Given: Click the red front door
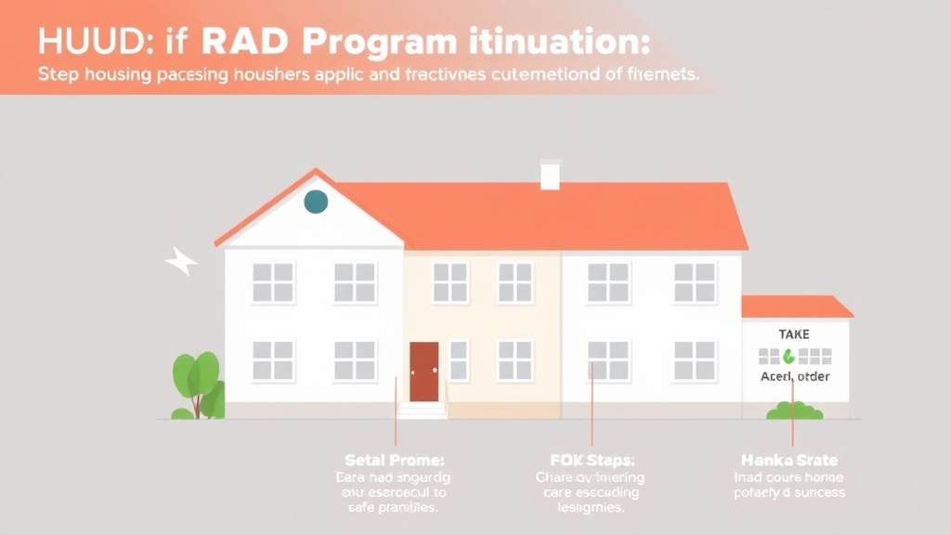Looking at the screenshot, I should [x=423, y=371].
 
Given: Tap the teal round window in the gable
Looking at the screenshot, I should [x=316, y=201].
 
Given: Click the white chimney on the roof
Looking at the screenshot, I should [x=550, y=175].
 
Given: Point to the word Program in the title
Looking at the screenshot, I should [x=380, y=45].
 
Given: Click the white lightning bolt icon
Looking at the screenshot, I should [x=181, y=263].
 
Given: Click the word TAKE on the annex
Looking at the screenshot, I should [x=794, y=333].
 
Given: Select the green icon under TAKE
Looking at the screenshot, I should [x=789, y=355].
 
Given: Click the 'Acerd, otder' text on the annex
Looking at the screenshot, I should [x=794, y=376].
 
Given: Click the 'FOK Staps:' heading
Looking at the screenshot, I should [x=593, y=460].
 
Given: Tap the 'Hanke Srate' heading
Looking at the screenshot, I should [x=789, y=460].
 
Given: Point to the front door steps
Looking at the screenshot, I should [x=422, y=410].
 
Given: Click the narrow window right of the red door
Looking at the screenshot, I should [x=458, y=359].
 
